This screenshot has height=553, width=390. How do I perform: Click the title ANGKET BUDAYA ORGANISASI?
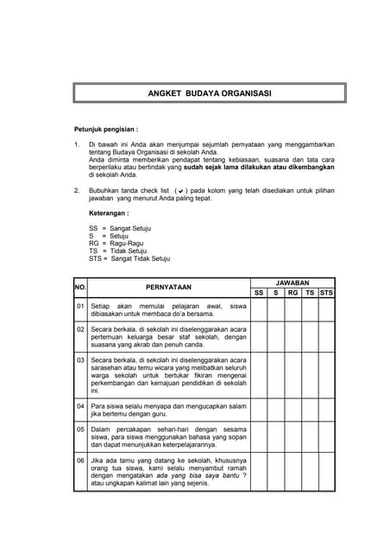(x=210, y=92)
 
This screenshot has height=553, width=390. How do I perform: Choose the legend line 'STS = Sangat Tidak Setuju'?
(x=129, y=258)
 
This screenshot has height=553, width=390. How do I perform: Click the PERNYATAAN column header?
(x=169, y=287)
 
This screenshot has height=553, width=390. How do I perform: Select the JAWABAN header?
(x=292, y=283)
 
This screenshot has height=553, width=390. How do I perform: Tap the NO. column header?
(x=81, y=287)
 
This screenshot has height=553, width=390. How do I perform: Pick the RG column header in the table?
(x=292, y=293)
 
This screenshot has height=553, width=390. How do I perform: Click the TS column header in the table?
(x=310, y=293)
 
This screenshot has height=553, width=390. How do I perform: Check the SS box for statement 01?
(x=258, y=309)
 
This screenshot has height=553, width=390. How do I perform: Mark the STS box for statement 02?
(x=326, y=338)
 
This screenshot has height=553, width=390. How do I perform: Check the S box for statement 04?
(x=275, y=409)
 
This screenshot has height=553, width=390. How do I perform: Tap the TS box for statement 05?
(x=310, y=436)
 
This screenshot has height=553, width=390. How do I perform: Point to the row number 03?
(x=81, y=359)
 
